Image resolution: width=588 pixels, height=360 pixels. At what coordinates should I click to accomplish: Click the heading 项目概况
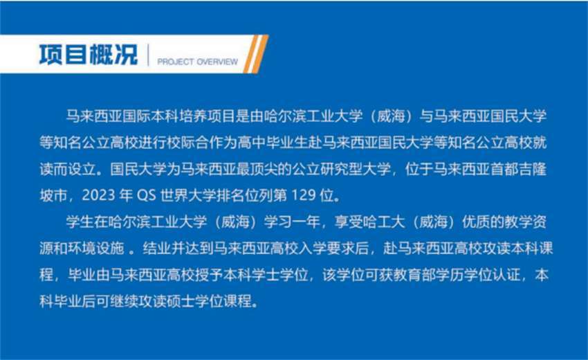[x=89, y=55]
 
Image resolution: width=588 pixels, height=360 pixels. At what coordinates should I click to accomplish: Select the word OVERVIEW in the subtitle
[x=217, y=62]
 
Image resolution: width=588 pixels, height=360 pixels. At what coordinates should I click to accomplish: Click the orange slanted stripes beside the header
[x=256, y=54]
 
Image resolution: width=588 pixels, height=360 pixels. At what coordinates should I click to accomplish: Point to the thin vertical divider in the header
[x=149, y=55]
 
